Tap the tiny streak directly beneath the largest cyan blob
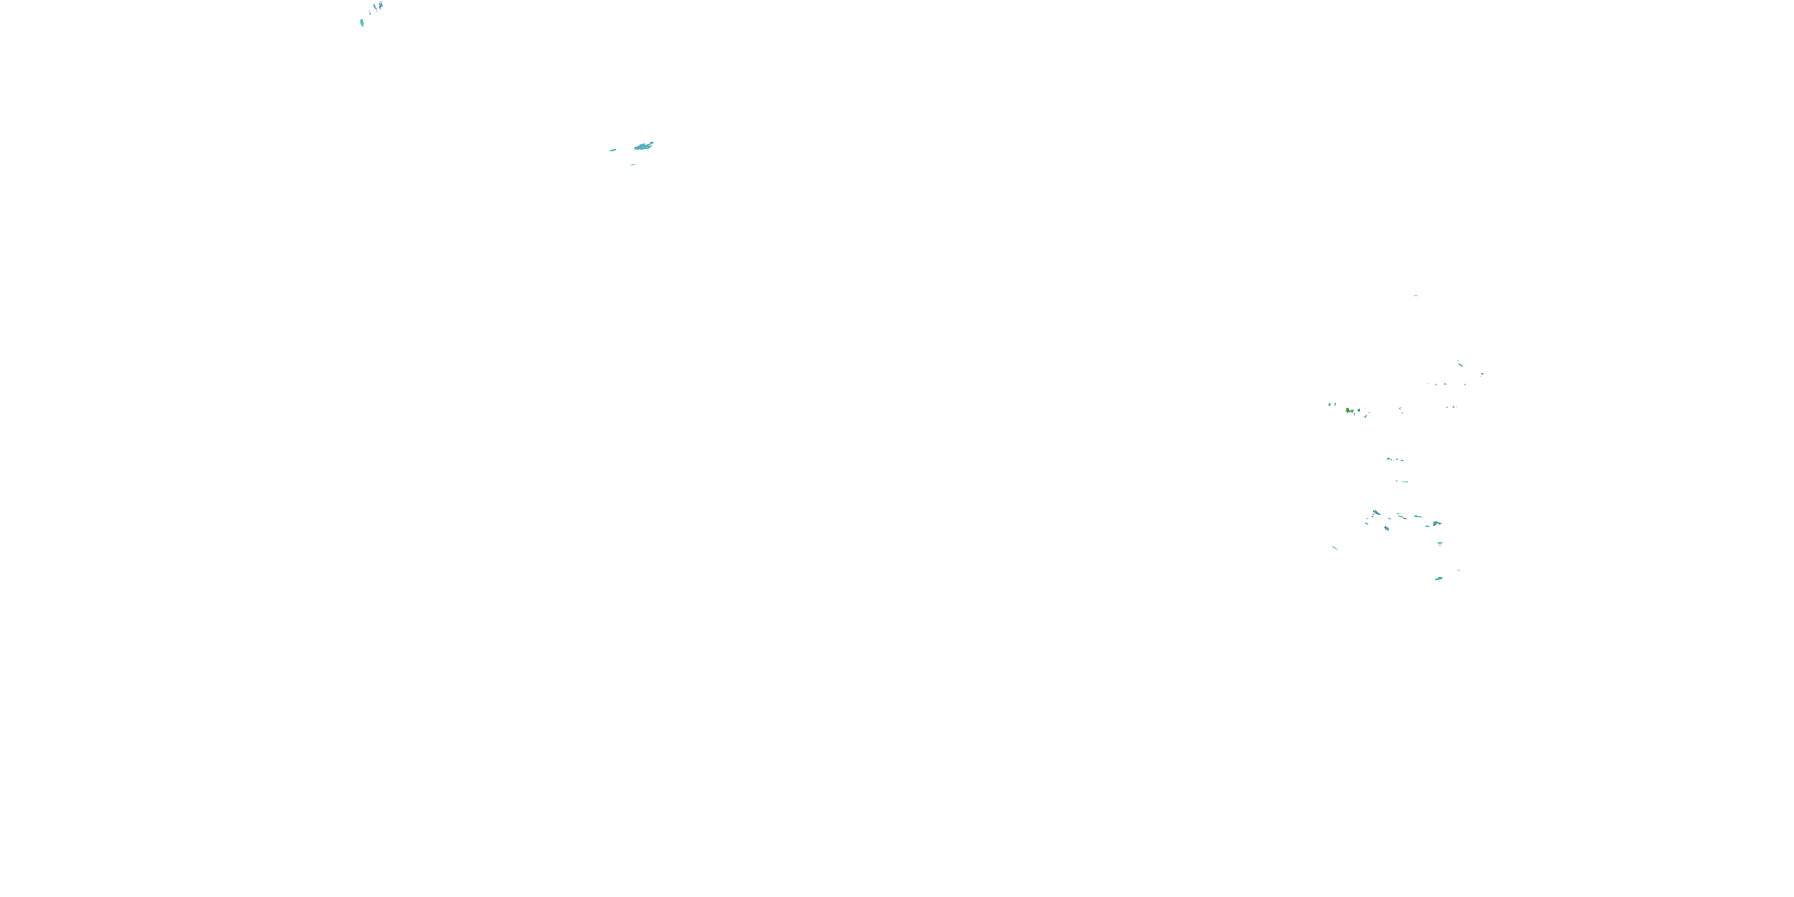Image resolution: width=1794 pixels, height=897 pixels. (x=632, y=165)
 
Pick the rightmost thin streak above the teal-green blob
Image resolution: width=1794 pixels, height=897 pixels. (x=381, y=5)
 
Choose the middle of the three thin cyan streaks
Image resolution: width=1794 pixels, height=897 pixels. (x=376, y=8)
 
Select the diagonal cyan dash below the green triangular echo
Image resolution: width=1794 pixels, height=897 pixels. (x=1366, y=416)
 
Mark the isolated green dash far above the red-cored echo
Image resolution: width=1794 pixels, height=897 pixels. (x=1415, y=295)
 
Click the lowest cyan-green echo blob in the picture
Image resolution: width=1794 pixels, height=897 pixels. (x=1438, y=578)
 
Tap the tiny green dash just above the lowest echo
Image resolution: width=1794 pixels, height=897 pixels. (x=1459, y=570)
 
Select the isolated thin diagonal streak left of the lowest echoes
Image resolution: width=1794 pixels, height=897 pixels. (x=1335, y=548)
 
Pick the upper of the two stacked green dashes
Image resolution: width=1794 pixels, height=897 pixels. (x=1439, y=542)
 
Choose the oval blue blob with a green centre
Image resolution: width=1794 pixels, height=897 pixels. (x=1387, y=528)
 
